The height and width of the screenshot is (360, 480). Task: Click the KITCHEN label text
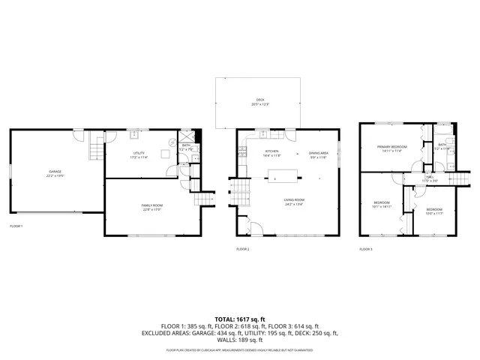coord(271,153)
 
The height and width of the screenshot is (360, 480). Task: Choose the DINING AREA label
coord(319,154)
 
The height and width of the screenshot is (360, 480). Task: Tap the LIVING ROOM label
coord(293,201)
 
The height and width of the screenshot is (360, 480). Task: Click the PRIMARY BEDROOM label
coord(391,148)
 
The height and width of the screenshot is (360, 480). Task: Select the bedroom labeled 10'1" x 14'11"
coord(382,205)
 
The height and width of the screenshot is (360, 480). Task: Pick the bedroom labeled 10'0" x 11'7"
coord(434,211)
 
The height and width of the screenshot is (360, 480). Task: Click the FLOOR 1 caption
coord(16,226)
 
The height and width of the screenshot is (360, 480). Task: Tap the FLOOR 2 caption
coord(243,248)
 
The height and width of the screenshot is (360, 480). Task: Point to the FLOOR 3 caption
coord(366,248)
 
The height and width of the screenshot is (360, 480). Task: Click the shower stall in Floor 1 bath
coord(197,136)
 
